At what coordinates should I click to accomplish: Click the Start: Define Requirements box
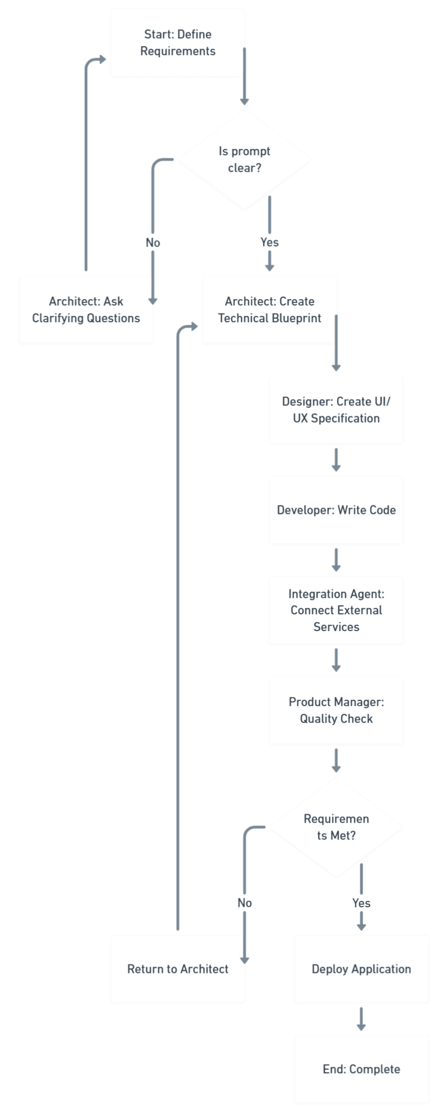tap(177, 43)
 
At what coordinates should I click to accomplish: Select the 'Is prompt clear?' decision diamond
tap(244, 159)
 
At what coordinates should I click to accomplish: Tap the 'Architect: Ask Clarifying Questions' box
tap(86, 310)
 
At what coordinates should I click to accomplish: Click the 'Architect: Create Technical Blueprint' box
tap(269, 310)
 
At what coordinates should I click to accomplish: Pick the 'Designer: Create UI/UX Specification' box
tap(336, 410)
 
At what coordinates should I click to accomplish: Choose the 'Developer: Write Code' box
tap(336, 510)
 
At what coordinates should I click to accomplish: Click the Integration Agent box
tap(336, 610)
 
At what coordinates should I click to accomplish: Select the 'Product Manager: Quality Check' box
tap(336, 710)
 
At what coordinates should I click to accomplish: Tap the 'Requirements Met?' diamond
tap(336, 827)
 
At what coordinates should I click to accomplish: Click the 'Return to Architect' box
tap(177, 969)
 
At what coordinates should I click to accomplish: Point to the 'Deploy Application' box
tap(361, 969)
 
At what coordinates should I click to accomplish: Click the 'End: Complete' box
tap(361, 1069)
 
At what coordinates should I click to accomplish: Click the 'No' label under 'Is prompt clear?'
tap(153, 243)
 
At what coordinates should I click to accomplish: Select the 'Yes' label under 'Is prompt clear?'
tap(269, 242)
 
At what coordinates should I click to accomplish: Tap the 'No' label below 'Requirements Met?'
tap(245, 902)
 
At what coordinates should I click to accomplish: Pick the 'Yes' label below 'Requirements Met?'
tap(361, 903)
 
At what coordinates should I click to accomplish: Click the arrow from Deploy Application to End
tap(361, 1019)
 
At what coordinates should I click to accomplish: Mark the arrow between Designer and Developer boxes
tap(336, 460)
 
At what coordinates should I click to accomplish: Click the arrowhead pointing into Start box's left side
tap(101, 59)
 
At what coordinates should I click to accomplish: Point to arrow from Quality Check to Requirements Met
tap(336, 760)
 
